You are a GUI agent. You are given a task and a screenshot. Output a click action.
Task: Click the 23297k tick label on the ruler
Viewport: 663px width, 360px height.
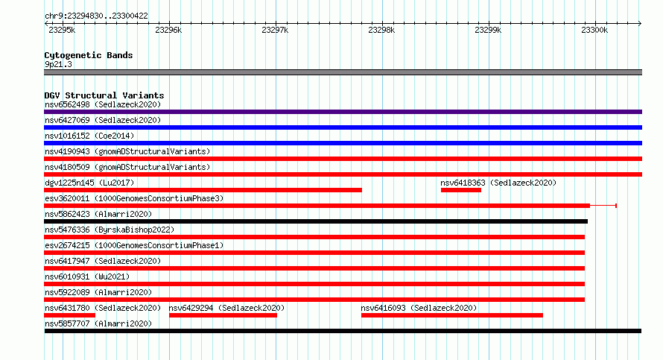click(x=275, y=30)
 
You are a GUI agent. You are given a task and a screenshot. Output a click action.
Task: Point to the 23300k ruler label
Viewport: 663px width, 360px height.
click(x=594, y=30)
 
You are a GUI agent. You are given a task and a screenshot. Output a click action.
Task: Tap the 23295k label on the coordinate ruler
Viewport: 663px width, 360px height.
click(x=62, y=30)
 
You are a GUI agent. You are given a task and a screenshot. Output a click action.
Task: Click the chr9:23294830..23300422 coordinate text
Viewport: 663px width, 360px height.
click(x=96, y=16)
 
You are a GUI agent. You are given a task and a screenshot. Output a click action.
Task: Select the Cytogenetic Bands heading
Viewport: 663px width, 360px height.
click(x=89, y=55)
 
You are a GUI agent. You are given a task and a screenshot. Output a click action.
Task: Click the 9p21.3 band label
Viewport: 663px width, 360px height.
click(x=58, y=64)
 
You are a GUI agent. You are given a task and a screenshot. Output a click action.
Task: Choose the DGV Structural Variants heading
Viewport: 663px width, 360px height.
click(x=104, y=95)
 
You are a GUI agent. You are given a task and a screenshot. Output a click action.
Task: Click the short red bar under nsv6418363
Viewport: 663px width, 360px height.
click(x=461, y=190)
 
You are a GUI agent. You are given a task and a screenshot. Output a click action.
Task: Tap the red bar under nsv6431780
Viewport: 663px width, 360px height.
click(x=70, y=315)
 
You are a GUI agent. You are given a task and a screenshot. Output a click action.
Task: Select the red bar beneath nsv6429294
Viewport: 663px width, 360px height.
click(x=223, y=315)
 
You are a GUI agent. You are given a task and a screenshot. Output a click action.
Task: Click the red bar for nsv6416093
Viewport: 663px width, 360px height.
click(x=452, y=315)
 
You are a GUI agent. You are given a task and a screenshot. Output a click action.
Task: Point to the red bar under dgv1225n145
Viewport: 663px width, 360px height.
click(x=203, y=190)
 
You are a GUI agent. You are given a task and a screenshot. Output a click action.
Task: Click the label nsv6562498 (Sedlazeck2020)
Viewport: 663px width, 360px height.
click(x=103, y=104)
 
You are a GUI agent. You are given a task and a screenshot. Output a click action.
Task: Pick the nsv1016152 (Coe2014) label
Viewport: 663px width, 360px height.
click(x=89, y=136)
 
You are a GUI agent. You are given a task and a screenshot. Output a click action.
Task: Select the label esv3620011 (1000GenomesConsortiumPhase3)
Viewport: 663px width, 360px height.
click(x=134, y=198)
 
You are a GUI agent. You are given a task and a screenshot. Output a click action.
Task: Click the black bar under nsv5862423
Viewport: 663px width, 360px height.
click(x=316, y=221)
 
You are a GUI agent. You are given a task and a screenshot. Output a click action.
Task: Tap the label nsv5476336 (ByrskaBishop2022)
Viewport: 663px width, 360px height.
click(x=110, y=230)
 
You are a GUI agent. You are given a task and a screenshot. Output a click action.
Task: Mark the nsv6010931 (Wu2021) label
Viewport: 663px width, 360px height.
click(x=87, y=277)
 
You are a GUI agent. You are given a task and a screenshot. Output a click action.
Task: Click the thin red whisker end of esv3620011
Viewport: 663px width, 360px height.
click(x=616, y=206)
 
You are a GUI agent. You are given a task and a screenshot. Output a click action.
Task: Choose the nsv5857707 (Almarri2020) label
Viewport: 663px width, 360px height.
click(x=98, y=323)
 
